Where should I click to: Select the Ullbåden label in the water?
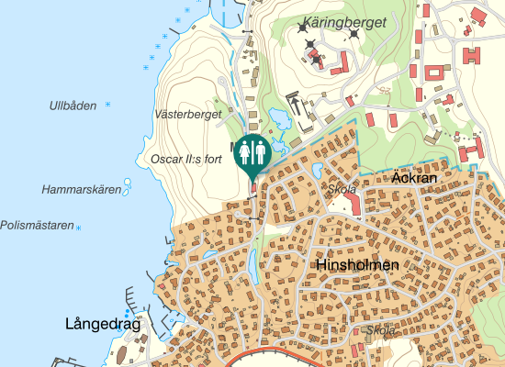(73, 106)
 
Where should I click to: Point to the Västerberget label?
(188, 115)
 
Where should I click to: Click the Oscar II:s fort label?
(186, 159)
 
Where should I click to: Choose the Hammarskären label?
(82, 190)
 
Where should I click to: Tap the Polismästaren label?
(37, 225)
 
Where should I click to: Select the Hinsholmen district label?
(357, 265)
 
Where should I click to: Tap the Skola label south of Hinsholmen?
(380, 330)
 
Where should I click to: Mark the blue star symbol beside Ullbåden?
(108, 105)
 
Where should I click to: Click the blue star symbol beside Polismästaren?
(79, 228)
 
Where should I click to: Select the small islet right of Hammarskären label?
(128, 191)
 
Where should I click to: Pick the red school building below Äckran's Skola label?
(353, 206)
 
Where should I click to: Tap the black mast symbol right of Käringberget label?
(353, 35)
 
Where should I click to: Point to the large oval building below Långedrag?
(118, 354)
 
